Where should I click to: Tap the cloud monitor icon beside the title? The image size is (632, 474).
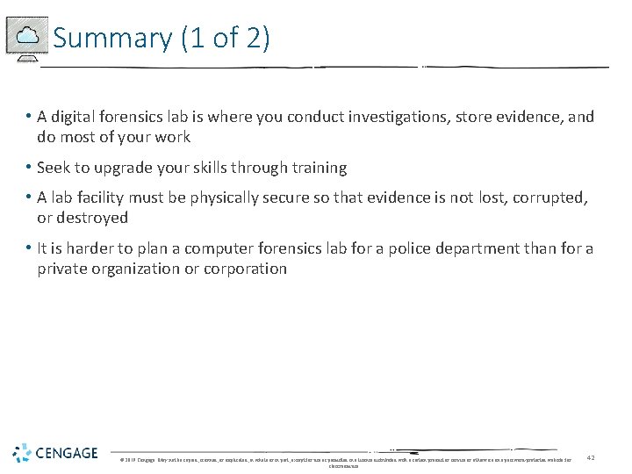pyautogui.click(x=26, y=38)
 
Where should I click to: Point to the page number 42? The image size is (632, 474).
pyautogui.click(x=591, y=457)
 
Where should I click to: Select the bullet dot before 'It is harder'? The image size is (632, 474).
pyautogui.click(x=29, y=248)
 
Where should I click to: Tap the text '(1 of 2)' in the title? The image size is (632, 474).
pyautogui.click(x=225, y=39)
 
